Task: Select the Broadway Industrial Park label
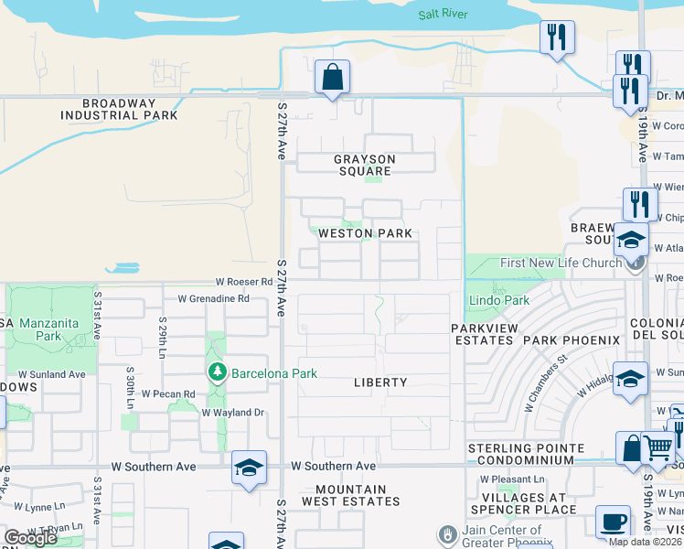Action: (x=119, y=110)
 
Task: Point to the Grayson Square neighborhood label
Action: (x=364, y=165)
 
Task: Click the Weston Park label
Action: (x=364, y=233)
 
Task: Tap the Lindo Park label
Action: (x=498, y=300)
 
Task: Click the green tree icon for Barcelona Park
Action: (x=217, y=372)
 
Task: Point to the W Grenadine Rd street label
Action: (x=213, y=298)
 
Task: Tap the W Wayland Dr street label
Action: (x=232, y=413)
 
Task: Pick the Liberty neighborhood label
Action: (x=379, y=382)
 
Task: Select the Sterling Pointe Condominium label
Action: (x=526, y=454)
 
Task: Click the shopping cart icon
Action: (x=658, y=448)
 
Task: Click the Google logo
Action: (x=30, y=538)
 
